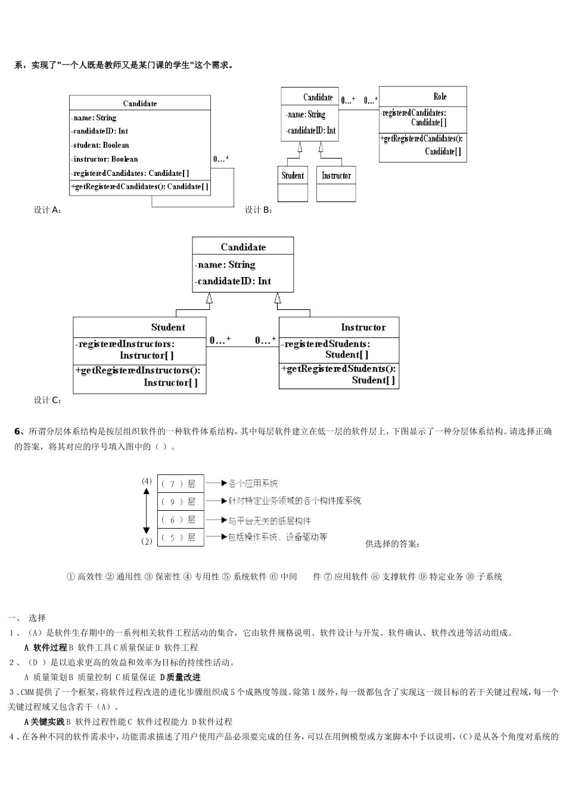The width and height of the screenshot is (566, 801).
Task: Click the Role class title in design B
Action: click(440, 97)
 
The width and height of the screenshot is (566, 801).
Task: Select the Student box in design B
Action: click(293, 176)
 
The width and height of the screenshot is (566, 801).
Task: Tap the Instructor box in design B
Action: click(336, 176)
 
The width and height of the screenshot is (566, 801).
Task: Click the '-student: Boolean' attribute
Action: click(101, 145)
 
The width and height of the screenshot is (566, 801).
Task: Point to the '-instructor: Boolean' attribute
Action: click(105, 159)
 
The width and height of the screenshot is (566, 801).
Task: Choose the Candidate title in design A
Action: click(140, 103)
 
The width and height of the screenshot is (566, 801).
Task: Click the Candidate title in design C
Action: click(243, 247)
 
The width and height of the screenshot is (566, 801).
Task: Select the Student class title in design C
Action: click(168, 327)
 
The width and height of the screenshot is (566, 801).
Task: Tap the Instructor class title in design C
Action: click(363, 327)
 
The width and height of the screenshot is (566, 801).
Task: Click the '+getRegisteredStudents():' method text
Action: click(338, 369)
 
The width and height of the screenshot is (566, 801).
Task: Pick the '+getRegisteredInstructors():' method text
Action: click(138, 371)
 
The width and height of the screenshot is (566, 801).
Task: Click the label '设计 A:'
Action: click(47, 210)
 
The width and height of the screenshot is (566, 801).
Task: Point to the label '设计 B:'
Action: click(259, 210)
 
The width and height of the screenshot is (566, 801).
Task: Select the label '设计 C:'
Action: click(47, 400)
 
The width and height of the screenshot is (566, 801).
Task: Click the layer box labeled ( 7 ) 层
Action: click(180, 484)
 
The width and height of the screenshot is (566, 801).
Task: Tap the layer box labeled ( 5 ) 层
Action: click(180, 538)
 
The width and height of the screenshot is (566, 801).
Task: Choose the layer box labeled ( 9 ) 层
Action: click(180, 502)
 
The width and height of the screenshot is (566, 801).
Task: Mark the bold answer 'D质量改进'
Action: click(181, 677)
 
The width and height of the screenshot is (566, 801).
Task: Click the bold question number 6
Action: click(17, 431)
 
